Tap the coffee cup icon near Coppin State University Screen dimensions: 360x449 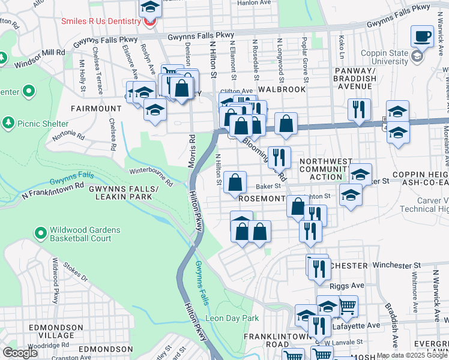pyautogui.click(x=423, y=35)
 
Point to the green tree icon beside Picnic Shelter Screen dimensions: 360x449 pyautogui.click(x=8, y=123)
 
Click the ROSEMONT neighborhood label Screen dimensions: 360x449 pyautogui.click(x=261, y=197)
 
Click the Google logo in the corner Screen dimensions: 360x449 pyautogui.click(x=20, y=353)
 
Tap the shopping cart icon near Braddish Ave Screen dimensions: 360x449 pyautogui.click(x=348, y=305)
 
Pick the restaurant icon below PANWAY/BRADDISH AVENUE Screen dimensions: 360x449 pyautogui.click(x=359, y=109)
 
